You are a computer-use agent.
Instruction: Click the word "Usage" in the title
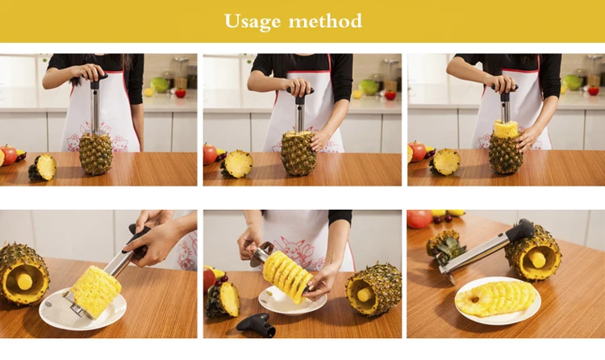[252, 22]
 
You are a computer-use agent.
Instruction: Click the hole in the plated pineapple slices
[474, 299]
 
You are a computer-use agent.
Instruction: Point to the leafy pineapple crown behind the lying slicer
[446, 243]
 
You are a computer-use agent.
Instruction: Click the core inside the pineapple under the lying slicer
[536, 258]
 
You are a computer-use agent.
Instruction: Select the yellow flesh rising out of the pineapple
[506, 128]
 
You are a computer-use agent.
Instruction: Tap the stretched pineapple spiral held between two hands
[287, 275]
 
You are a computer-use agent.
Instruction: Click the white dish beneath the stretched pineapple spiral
[292, 301]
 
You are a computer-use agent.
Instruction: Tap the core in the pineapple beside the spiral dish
[365, 295]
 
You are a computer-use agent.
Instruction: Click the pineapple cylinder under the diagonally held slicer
[96, 290]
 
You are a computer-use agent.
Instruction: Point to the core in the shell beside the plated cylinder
[24, 281]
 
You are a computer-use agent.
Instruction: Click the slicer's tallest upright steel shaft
[94, 107]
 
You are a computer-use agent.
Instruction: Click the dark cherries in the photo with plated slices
[443, 219]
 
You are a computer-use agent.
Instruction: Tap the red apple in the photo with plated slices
[419, 219]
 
